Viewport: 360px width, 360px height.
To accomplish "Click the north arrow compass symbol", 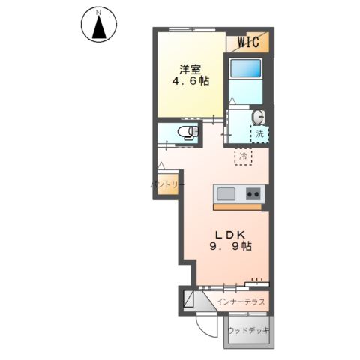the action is click(x=99, y=25).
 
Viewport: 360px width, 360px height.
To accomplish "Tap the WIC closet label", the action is click(x=248, y=42).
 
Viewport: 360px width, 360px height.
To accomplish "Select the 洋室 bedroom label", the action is click(x=190, y=70).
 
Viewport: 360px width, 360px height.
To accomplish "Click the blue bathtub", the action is click(x=245, y=68).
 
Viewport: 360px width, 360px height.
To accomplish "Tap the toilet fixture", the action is click(x=187, y=133).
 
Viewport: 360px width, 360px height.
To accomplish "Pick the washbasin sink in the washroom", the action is click(x=259, y=117).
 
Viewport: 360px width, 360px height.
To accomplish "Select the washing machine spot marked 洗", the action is click(x=259, y=134).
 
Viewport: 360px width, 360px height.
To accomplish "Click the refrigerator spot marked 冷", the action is click(x=243, y=157).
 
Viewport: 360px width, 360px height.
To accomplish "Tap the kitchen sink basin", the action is click(x=226, y=193).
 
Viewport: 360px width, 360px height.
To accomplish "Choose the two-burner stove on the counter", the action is click(x=253, y=193).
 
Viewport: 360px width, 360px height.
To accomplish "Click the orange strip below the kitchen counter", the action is click(x=237, y=207).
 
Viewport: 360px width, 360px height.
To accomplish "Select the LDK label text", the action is click(x=230, y=235).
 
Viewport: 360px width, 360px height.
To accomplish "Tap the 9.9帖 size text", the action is click(x=230, y=247).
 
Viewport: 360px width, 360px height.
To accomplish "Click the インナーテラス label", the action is click(x=241, y=301).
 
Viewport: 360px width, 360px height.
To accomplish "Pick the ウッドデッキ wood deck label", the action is click(x=249, y=331).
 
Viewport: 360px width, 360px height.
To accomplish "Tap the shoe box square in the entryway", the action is click(x=188, y=298).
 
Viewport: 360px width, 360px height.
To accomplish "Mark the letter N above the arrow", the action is click(x=99, y=12).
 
